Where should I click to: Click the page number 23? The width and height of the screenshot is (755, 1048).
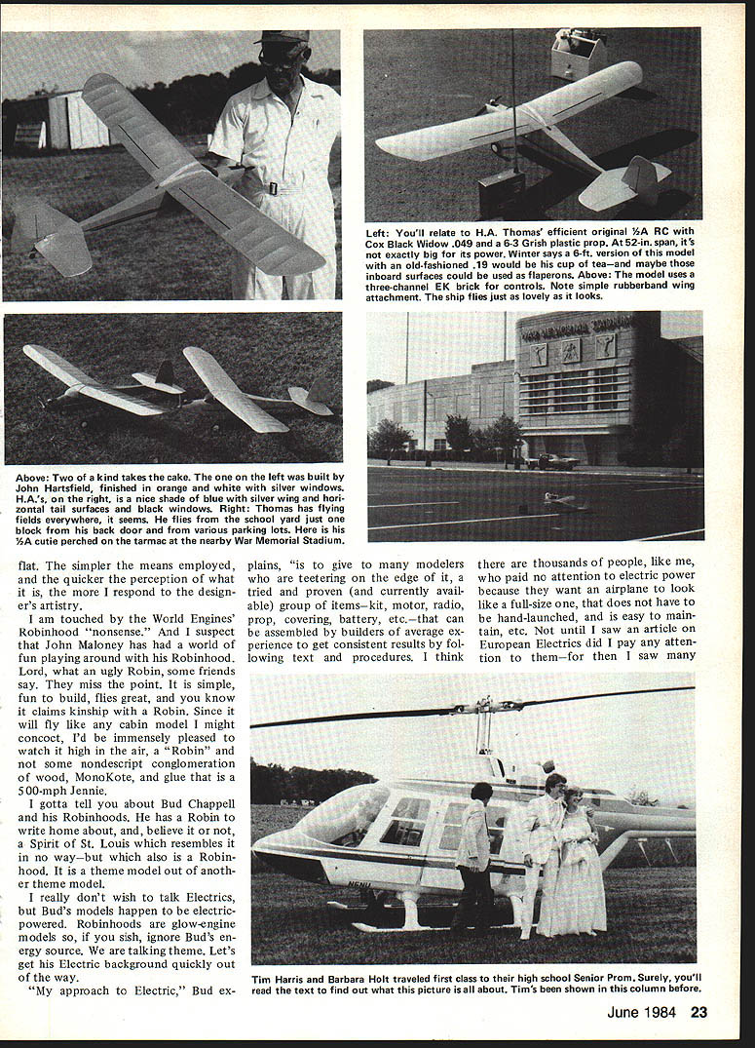(x=698, y=1012)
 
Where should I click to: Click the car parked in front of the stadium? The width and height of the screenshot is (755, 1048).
(x=543, y=461)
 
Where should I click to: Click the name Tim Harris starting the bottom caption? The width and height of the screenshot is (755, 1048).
(x=289, y=976)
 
